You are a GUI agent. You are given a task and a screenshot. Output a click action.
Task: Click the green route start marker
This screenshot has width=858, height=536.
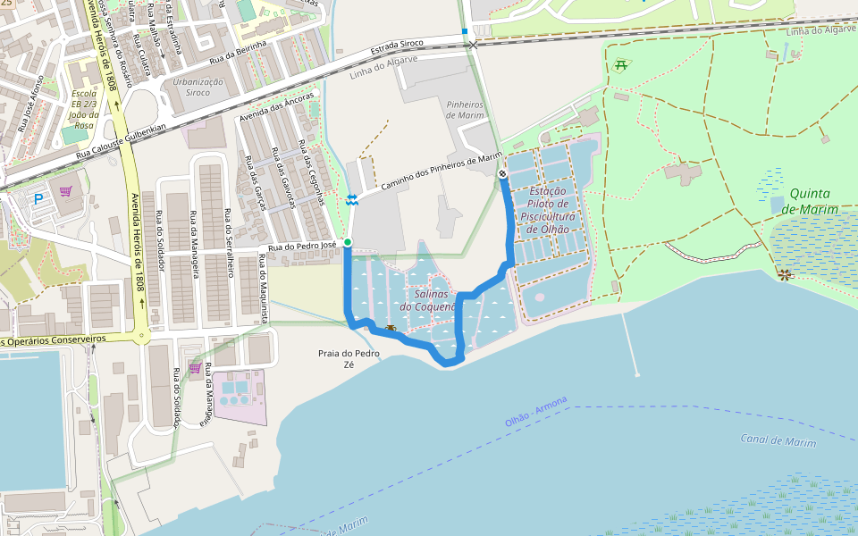(x=348, y=242)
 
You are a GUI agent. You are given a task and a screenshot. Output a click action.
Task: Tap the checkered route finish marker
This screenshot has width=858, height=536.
(x=503, y=174)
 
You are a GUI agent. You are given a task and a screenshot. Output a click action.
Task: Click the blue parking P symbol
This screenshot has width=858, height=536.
(x=38, y=199)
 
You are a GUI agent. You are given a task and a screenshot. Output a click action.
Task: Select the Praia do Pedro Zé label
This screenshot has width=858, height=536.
(x=349, y=359)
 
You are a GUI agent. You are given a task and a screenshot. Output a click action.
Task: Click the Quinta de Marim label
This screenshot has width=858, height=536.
(x=810, y=201)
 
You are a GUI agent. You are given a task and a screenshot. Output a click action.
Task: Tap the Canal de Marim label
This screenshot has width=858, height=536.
(x=778, y=440)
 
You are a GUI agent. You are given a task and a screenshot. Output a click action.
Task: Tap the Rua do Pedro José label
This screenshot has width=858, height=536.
(x=301, y=246)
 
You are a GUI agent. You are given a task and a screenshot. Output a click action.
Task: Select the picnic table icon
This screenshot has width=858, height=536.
(x=620, y=64)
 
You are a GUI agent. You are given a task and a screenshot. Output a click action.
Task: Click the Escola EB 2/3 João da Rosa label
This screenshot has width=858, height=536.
(x=83, y=109)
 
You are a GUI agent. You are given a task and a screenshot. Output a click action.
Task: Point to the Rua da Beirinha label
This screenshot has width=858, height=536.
(x=239, y=52)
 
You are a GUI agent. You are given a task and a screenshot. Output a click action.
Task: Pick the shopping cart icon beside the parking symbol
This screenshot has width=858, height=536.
(x=66, y=190)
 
